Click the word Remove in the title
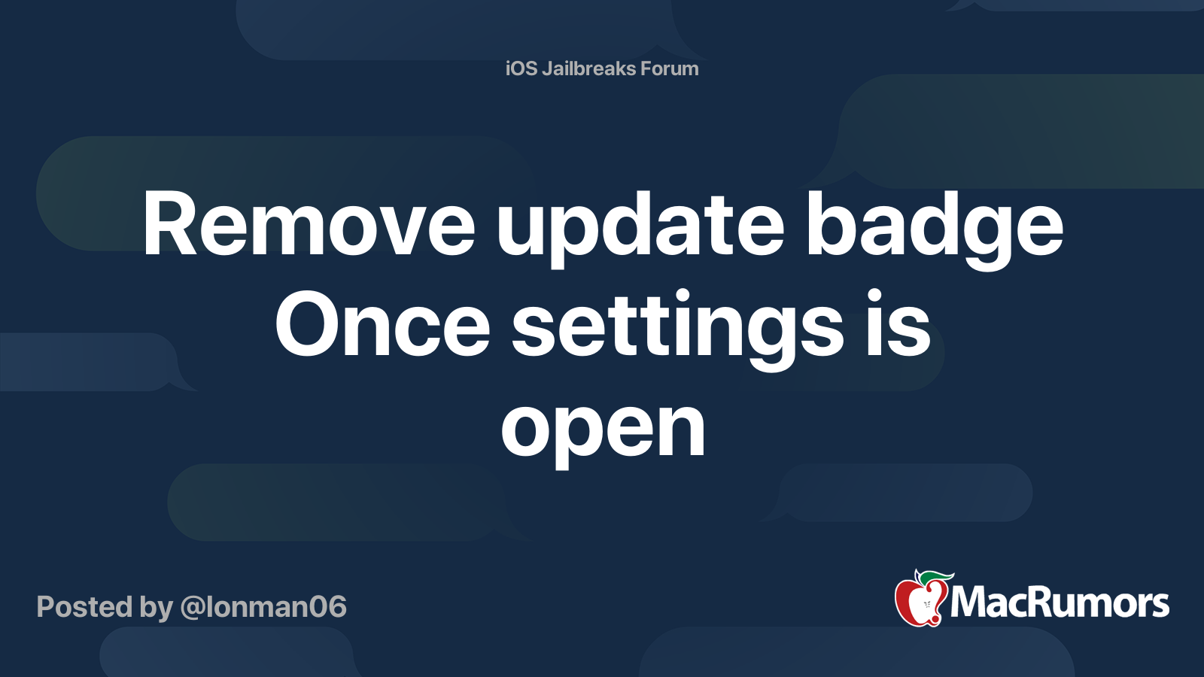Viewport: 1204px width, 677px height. tap(309, 224)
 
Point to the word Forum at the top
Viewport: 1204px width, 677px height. tap(670, 68)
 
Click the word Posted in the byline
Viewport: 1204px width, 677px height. tap(84, 606)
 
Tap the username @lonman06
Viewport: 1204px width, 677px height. tap(263, 606)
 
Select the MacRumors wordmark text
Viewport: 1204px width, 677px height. tap(1060, 603)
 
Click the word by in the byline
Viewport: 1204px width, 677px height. tap(157, 608)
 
